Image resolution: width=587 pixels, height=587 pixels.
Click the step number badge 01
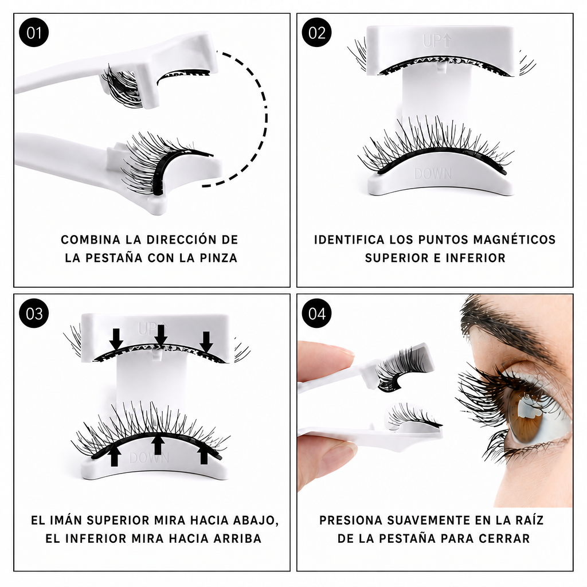click(34, 33)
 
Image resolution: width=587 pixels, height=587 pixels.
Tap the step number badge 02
click(316, 33)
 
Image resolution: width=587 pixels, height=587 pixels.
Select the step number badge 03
click(34, 314)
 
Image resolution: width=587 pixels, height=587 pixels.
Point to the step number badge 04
click(316, 314)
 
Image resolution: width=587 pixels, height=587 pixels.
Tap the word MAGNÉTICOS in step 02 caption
click(514, 239)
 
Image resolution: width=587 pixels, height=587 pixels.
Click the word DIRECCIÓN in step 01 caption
click(178, 239)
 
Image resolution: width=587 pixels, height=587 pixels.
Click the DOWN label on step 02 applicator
click(433, 174)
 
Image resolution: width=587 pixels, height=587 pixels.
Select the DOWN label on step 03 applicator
click(149, 457)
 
